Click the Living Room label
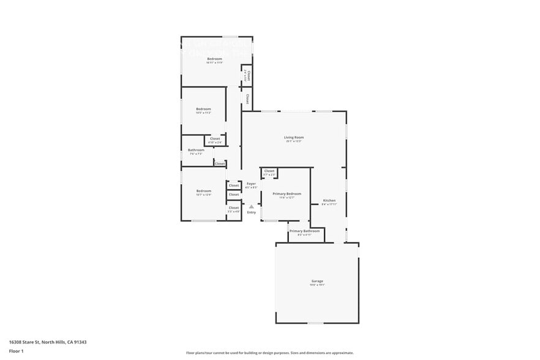293,138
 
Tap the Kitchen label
329,201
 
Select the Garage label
317,281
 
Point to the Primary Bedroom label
287,193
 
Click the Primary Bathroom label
304,231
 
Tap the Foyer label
251,184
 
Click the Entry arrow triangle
251,207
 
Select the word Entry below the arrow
251,212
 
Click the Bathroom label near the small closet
196,150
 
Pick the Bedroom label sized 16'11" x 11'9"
214,59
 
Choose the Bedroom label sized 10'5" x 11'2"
203,109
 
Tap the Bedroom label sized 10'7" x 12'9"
204,191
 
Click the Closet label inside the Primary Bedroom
269,171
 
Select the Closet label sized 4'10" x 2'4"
215,139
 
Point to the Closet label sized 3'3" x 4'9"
234,208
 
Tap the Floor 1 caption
16,351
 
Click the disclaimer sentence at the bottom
269,353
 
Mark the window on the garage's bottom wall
315,323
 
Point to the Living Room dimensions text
293,142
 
